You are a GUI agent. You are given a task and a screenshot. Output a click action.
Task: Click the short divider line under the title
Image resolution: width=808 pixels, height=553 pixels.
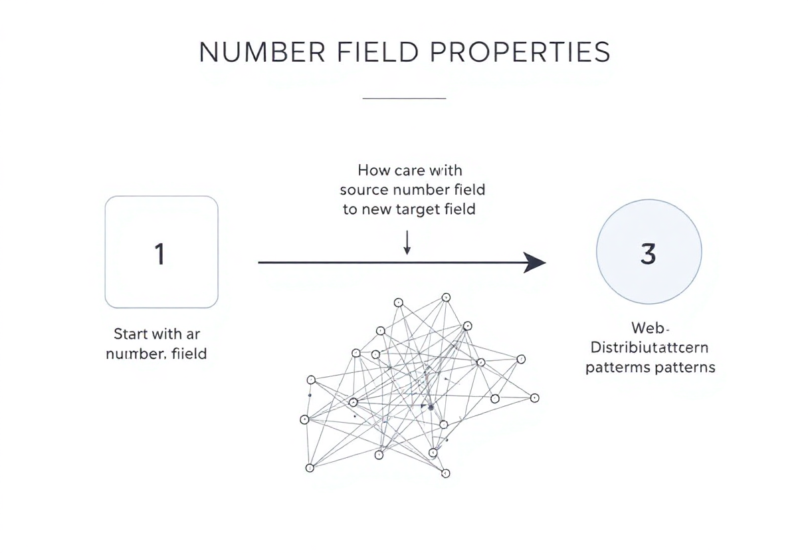point(404,98)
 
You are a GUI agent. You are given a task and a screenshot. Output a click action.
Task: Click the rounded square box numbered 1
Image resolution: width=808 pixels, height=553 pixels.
point(161,252)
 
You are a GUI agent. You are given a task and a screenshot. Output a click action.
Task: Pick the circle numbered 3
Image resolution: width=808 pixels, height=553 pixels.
point(649,252)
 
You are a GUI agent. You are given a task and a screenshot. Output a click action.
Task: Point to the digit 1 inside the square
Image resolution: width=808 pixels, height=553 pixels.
point(159,254)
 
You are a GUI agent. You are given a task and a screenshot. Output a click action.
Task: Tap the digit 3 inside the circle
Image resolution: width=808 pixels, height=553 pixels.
point(649,254)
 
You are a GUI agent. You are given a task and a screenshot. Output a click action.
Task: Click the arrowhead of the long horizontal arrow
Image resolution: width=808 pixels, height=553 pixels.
point(535,263)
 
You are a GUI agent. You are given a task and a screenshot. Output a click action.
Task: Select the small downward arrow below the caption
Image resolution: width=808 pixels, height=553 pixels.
point(407,243)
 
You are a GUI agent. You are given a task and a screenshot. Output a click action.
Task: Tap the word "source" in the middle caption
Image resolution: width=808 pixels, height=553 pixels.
point(364,190)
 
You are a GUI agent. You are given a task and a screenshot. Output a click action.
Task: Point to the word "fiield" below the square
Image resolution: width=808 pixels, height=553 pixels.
point(189,354)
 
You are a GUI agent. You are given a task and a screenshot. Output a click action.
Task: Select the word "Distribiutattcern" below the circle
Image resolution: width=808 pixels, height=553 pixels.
point(650,348)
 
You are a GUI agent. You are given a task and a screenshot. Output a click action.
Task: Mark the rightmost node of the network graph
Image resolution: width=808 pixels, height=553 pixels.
point(534,397)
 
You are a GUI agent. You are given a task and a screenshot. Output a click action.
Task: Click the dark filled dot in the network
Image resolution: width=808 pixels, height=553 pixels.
point(431,407)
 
